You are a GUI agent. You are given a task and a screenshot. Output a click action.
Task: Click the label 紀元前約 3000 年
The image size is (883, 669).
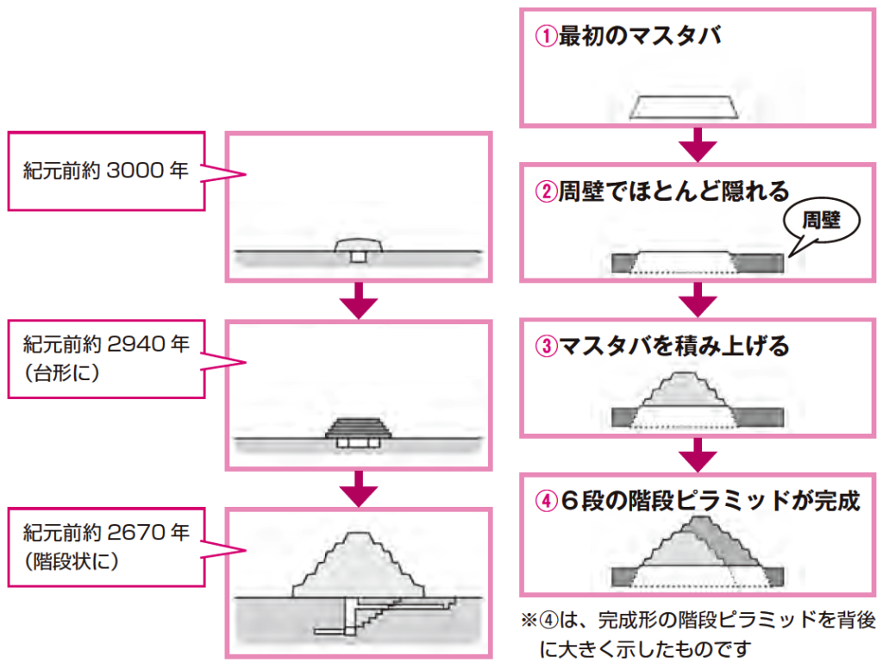click(x=105, y=171)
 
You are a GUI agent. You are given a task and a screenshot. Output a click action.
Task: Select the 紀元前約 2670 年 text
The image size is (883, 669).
click(x=105, y=531)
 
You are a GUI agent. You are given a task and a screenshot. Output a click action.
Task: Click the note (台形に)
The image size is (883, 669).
click(x=63, y=375)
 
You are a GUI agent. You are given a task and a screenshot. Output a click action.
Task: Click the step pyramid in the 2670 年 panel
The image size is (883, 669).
click(x=359, y=565)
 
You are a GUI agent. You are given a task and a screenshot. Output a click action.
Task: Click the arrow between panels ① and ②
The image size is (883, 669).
click(x=697, y=146)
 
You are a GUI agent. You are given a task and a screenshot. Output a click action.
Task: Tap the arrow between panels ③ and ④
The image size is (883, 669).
click(x=697, y=454)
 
